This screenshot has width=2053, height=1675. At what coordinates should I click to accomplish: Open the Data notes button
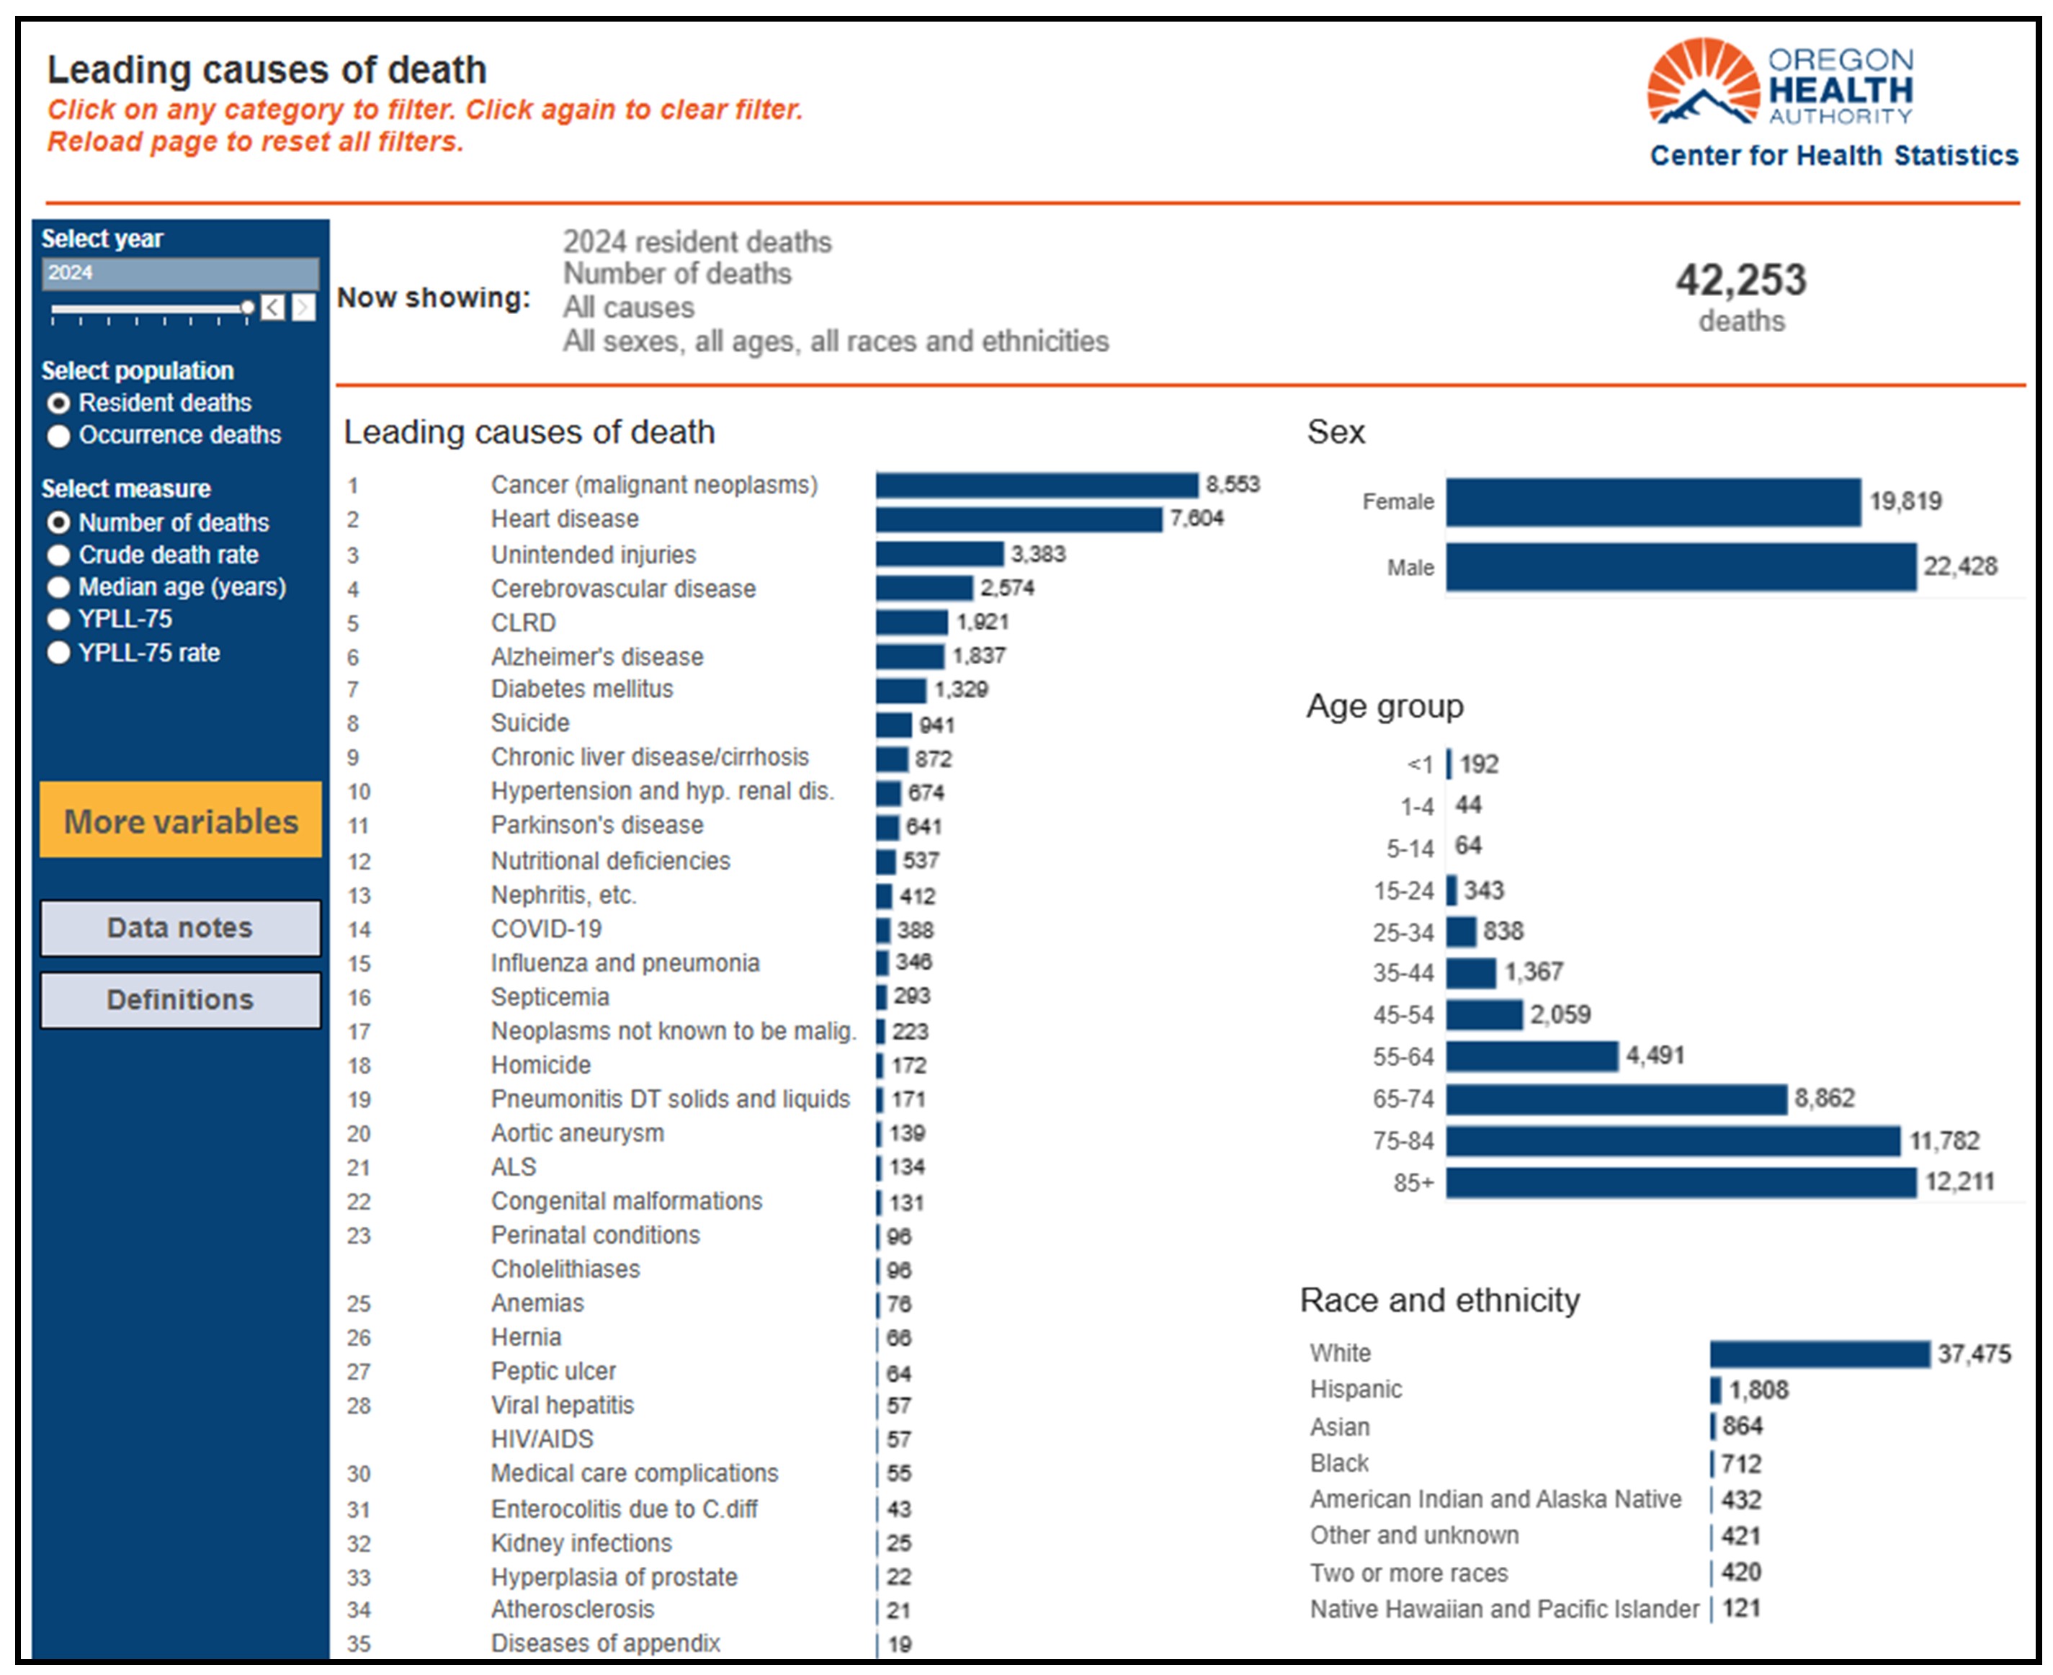pyautogui.click(x=180, y=928)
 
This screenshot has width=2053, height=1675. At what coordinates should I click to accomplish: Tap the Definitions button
pyautogui.click(x=180, y=1000)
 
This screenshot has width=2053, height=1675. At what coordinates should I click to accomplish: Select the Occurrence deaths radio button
pyautogui.click(x=59, y=436)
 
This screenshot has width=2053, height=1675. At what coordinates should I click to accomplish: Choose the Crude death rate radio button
pyautogui.click(x=59, y=555)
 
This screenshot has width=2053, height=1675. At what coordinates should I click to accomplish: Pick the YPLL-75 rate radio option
pyautogui.click(x=59, y=653)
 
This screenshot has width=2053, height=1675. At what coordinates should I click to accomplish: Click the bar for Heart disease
pyautogui.click(x=1019, y=520)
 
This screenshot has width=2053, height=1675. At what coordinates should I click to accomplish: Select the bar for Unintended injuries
pyautogui.click(x=939, y=554)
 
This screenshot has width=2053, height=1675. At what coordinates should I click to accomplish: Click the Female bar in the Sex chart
pyautogui.click(x=1654, y=501)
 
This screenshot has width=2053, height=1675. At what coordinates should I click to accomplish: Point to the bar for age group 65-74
pyautogui.click(x=1617, y=1099)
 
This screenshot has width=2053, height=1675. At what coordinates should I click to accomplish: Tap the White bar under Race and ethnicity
pyautogui.click(x=1820, y=1354)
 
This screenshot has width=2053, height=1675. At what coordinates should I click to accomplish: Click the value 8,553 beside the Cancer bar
pyautogui.click(x=1233, y=484)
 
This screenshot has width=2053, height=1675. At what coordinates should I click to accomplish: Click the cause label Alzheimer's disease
pyautogui.click(x=597, y=657)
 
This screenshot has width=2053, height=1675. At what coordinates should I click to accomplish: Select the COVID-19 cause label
pyautogui.click(x=546, y=929)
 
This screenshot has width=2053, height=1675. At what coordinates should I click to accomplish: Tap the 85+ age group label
pyautogui.click(x=1413, y=1183)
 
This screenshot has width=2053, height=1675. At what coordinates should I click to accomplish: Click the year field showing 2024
pyautogui.click(x=180, y=273)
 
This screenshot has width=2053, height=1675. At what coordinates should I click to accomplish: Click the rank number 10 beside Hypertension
pyautogui.click(x=359, y=792)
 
